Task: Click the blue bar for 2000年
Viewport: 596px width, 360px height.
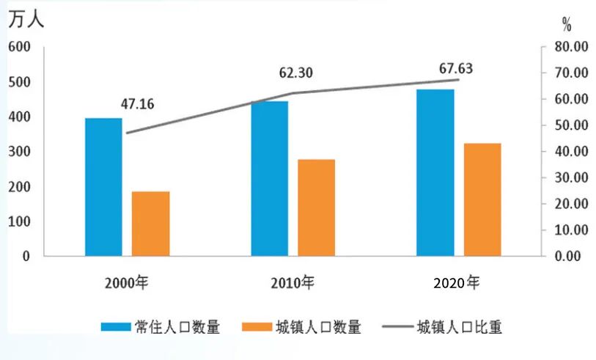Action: (x=103, y=187)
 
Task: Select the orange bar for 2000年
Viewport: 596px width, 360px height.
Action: (x=150, y=224)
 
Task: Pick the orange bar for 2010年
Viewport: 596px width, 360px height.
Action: (x=316, y=207)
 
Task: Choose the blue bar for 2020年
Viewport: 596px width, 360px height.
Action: (x=435, y=172)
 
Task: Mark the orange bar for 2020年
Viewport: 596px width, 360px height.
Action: (x=482, y=199)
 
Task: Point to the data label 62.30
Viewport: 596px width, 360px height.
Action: (x=295, y=73)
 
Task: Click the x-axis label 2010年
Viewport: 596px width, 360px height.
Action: (x=292, y=282)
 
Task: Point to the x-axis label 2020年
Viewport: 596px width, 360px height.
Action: (x=457, y=282)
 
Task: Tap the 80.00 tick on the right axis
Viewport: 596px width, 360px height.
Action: (x=572, y=47)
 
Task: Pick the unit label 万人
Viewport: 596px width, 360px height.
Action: (x=26, y=20)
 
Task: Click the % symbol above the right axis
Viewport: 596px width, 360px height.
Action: (x=567, y=25)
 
